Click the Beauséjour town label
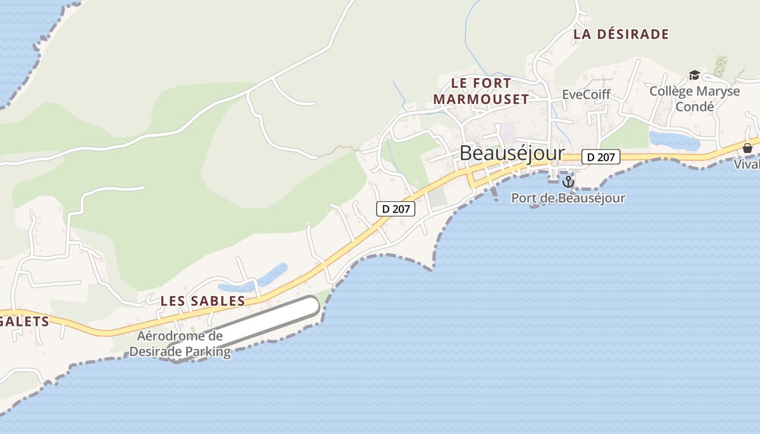(x=512, y=154)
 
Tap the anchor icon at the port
(x=568, y=181)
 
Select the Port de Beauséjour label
(x=568, y=199)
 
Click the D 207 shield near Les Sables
(x=396, y=209)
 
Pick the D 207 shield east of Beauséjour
(x=600, y=157)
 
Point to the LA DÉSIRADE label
(x=621, y=34)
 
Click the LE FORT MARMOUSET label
(x=481, y=91)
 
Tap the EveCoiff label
(x=586, y=94)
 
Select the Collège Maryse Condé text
(x=694, y=99)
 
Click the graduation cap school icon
(x=694, y=75)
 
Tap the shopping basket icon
(x=748, y=148)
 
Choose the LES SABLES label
(x=202, y=301)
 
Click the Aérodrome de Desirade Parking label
(x=180, y=344)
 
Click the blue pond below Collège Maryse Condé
(x=674, y=141)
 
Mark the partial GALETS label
(x=24, y=322)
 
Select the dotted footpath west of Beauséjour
(x=339, y=149)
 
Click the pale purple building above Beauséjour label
(x=508, y=130)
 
